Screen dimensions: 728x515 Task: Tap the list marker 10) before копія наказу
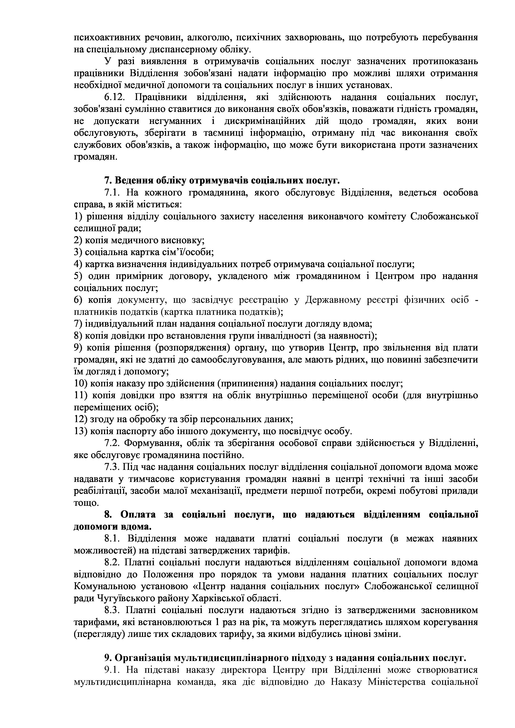click(x=80, y=384)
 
